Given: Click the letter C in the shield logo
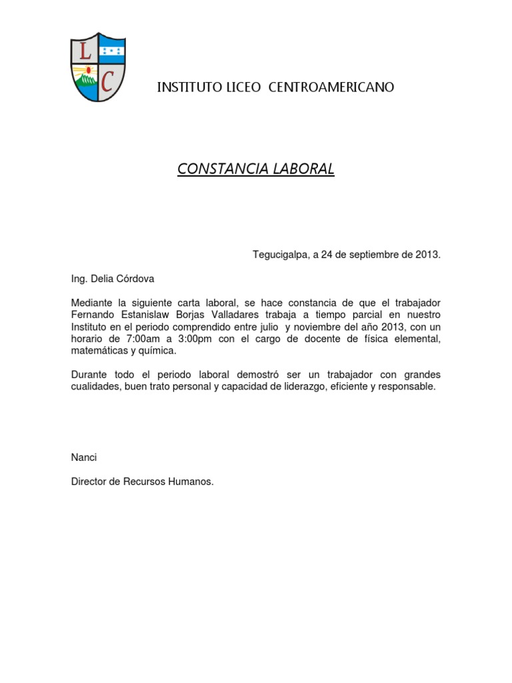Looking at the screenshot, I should coord(107,81).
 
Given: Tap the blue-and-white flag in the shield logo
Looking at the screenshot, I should coord(110,50).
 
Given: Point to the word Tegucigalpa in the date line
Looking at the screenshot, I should coord(279,255).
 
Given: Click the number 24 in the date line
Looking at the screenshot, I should coord(327,255).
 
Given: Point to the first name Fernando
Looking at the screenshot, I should coord(93,315).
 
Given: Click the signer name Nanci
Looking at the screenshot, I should coord(84,458).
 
